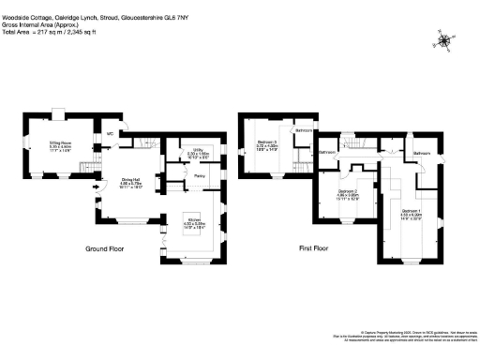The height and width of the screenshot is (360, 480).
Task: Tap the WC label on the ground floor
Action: pos(110,134)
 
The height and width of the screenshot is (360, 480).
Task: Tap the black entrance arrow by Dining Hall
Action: pos(95,187)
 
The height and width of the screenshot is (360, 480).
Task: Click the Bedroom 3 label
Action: pos(266,143)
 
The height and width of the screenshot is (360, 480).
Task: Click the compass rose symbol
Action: pos(444,40)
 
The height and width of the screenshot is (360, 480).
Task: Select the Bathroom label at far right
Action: pos(421,152)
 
